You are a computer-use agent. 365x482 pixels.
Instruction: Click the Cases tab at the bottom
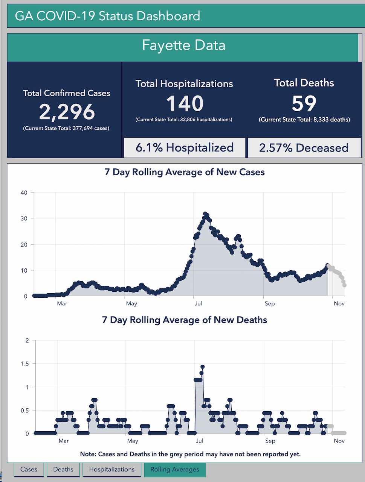[x=29, y=469]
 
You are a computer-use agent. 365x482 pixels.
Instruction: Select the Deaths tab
[x=63, y=469]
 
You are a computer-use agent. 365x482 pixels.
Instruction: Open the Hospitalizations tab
[x=112, y=469]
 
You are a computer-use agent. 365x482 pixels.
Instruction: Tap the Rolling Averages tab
[x=175, y=469]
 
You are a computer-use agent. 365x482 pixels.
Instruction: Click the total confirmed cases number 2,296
[x=67, y=112]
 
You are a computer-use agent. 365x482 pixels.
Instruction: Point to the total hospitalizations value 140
[x=185, y=103]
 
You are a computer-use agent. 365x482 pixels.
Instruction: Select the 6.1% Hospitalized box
[x=185, y=147]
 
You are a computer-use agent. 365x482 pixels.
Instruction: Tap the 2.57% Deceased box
[x=304, y=147]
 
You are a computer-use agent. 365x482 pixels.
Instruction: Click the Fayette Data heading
[x=184, y=45]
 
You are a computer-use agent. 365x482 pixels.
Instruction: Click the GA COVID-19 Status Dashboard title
[x=107, y=16]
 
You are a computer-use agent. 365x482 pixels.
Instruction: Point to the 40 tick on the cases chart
[x=24, y=192]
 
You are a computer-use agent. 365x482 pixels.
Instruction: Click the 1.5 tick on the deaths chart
[x=25, y=364]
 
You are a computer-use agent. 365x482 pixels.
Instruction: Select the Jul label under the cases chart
[x=198, y=303]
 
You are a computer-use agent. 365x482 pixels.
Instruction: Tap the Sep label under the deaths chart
[x=270, y=441]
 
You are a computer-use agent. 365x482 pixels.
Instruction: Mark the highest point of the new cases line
[x=205, y=214]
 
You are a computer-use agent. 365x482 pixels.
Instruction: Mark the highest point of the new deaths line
[x=202, y=367]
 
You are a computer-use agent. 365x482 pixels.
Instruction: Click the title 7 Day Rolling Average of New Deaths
[x=185, y=320]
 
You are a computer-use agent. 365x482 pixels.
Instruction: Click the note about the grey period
[x=190, y=454]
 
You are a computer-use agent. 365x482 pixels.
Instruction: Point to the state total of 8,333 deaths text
[x=304, y=120]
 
